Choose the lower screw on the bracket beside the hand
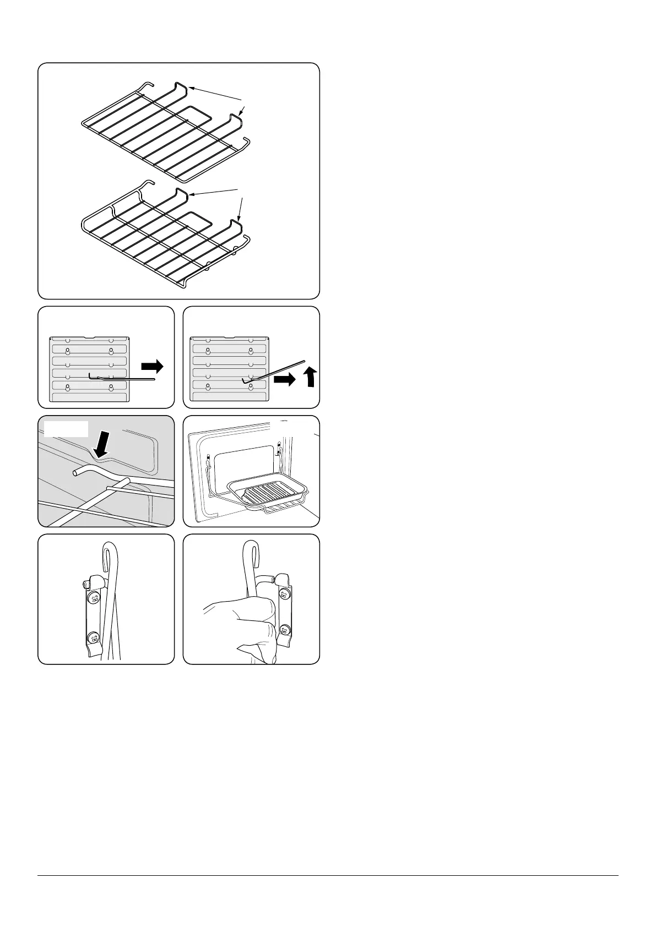tap(284, 630)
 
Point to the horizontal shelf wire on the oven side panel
tap(124, 378)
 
